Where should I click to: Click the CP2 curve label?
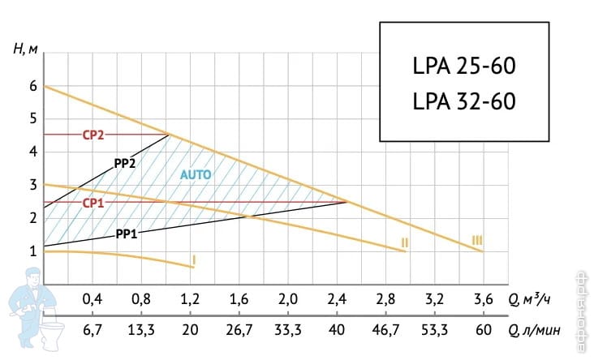(93, 135)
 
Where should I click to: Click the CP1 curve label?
(93, 203)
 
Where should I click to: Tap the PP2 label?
(124, 162)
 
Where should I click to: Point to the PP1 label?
(126, 234)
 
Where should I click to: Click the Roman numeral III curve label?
(477, 240)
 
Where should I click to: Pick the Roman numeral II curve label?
(403, 242)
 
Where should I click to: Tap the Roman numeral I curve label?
(193, 259)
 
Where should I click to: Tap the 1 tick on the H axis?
(33, 252)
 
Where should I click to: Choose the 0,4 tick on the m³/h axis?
(93, 299)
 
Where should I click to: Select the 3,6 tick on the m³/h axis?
(483, 299)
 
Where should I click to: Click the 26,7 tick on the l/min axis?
(239, 329)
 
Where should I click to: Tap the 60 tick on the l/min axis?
(483, 329)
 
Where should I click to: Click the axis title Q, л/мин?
(536, 329)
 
